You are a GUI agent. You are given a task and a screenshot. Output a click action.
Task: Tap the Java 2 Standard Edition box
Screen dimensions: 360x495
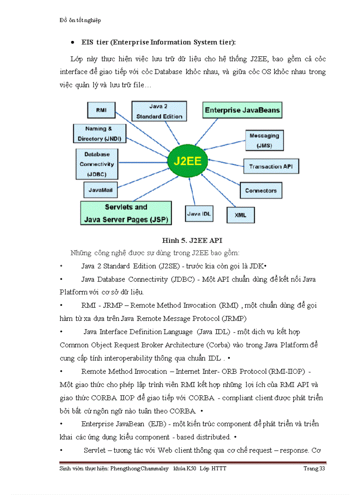click(x=159, y=111)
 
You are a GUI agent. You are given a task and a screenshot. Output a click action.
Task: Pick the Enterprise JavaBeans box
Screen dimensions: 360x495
click(x=242, y=110)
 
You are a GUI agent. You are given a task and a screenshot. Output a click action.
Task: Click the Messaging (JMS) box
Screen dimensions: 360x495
click(x=264, y=140)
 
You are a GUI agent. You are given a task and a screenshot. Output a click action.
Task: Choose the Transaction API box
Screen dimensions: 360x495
click(x=271, y=167)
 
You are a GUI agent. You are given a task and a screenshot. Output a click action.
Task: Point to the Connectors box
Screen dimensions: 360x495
click(x=261, y=190)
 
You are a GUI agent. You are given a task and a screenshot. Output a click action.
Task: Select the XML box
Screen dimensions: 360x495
click(x=240, y=215)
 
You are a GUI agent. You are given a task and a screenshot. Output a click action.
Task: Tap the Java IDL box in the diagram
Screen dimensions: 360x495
click(x=199, y=214)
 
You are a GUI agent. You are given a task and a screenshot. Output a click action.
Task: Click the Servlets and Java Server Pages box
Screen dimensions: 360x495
click(x=126, y=213)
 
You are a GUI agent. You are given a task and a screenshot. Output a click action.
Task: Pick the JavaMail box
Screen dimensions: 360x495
click(x=100, y=190)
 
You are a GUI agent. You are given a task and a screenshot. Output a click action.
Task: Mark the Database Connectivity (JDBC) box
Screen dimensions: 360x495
click(x=96, y=164)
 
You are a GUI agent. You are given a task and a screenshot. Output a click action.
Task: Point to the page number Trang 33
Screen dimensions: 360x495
click(x=314, y=468)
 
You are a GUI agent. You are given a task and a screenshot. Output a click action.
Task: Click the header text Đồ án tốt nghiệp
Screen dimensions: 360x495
click(x=80, y=20)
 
